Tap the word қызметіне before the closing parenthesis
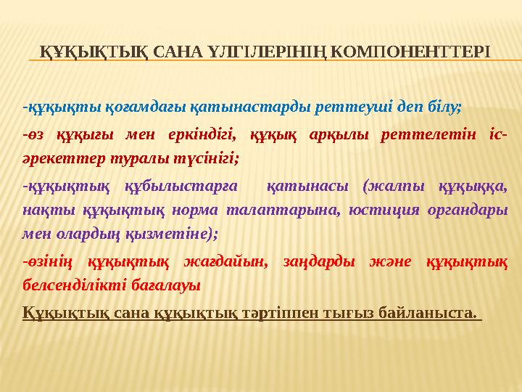point(180,234)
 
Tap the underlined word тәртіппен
point(313,314)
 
